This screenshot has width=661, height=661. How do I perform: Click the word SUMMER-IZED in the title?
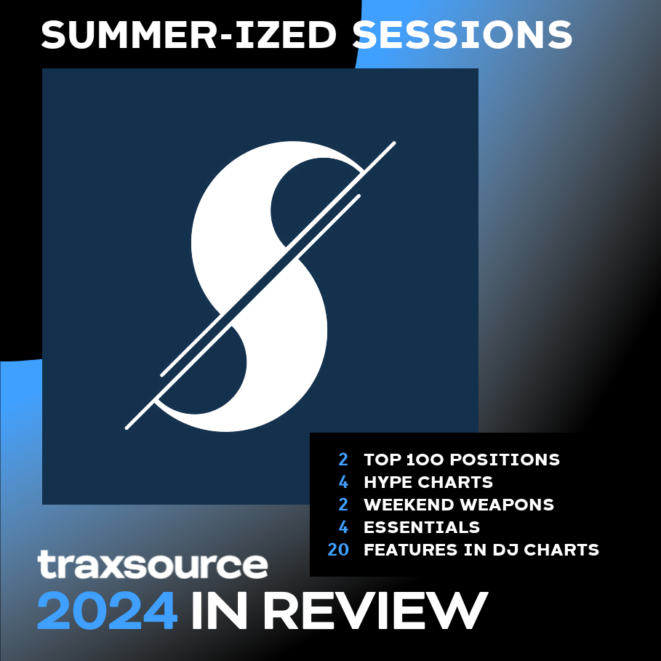click(188, 35)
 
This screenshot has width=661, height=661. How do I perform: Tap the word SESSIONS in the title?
click(462, 35)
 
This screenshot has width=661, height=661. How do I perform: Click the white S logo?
click(260, 286)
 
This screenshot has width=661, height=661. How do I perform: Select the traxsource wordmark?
click(153, 564)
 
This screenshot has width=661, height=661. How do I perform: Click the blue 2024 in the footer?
click(107, 610)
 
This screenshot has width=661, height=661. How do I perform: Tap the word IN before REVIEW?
click(219, 610)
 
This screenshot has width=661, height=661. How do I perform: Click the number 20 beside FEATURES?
click(338, 550)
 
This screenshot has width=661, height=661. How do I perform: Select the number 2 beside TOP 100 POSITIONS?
click(343, 460)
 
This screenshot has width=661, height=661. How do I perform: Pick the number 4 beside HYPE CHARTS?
click(343, 482)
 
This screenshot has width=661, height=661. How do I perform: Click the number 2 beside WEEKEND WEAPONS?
click(343, 505)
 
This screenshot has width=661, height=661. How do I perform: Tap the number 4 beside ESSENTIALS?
click(343, 527)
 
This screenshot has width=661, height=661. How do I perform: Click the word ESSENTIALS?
click(422, 527)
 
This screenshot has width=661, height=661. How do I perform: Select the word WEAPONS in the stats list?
click(507, 505)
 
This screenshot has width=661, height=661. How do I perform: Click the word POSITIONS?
click(505, 460)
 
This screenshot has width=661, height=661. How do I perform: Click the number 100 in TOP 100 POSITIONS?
click(425, 460)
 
